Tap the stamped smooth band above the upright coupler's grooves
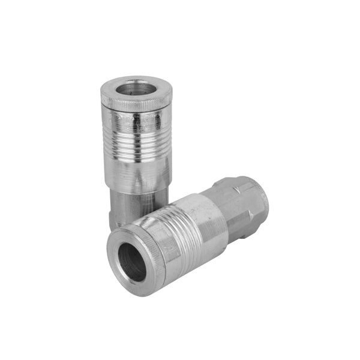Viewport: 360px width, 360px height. click(137, 123)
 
